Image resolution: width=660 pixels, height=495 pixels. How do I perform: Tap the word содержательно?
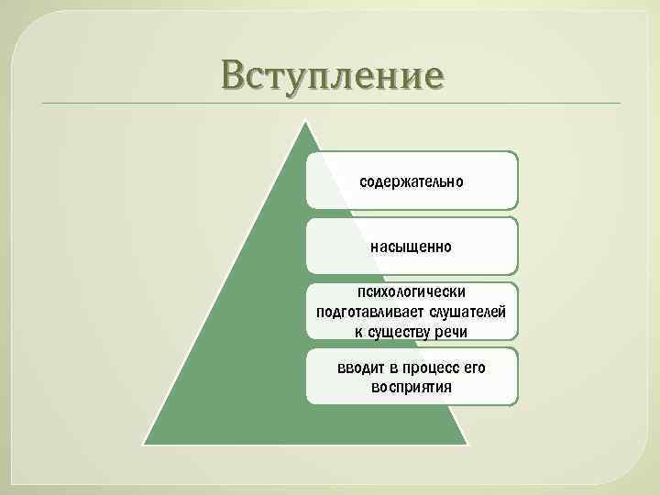point(412,181)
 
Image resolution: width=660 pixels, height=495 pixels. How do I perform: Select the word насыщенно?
point(412,247)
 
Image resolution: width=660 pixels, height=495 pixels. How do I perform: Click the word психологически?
point(412,292)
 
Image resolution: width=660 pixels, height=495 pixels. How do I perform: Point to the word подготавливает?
point(363,312)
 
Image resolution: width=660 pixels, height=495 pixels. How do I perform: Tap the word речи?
point(451,331)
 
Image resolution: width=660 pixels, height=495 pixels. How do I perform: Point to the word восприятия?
point(412,387)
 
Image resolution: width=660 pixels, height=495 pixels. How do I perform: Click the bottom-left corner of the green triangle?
point(144,445)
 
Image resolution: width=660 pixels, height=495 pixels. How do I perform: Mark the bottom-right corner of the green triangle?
point(467,445)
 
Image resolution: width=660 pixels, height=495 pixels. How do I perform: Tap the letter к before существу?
point(358,331)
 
